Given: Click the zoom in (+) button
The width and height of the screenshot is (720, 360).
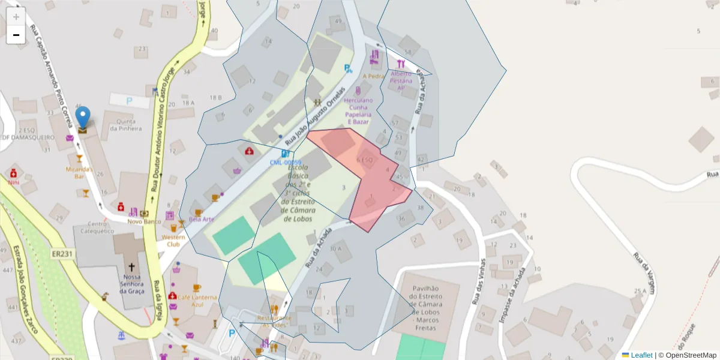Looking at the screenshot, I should point(16,16).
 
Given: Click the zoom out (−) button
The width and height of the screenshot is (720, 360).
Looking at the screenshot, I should point(16,35).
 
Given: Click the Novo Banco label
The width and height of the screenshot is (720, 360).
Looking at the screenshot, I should point(140,222).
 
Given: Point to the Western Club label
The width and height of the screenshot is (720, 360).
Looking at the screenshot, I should point(173,241).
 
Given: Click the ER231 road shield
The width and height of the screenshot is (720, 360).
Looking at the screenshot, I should point(62,254).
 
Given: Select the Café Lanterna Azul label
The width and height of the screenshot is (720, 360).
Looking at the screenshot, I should point(196,300).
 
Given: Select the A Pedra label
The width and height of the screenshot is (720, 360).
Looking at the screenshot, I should point(373,76).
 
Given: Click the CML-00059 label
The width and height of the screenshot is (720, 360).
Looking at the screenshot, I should point(284,163).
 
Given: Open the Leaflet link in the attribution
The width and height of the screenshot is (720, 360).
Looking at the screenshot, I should point(641,355).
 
